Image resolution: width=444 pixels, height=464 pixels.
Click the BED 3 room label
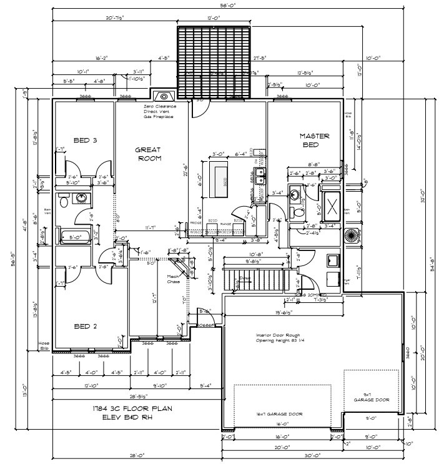(85, 140)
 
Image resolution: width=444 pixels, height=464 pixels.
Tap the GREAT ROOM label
(149, 154)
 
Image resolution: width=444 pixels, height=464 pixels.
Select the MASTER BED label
(314, 140)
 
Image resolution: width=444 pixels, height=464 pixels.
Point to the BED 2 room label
(85, 325)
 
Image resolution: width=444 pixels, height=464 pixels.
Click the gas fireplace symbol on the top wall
(164, 96)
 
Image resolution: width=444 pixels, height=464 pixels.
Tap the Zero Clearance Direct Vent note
(160, 111)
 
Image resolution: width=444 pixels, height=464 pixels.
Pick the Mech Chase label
(173, 279)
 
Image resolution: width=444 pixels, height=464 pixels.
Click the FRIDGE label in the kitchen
(195, 223)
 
